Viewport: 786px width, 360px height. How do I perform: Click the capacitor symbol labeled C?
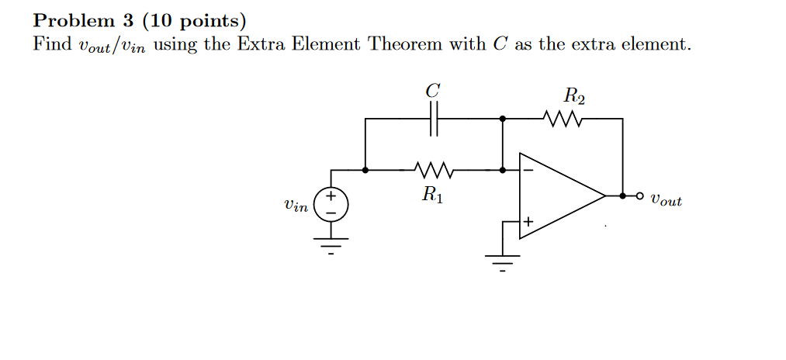point(435,119)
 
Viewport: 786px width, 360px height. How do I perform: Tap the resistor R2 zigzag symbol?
point(563,119)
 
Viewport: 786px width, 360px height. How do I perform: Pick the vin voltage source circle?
point(331,205)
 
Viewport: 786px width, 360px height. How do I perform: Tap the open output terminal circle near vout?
point(640,196)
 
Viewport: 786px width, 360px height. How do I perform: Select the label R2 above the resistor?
point(573,97)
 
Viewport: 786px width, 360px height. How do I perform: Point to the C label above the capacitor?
point(433,91)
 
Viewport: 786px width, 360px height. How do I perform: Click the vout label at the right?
point(667,200)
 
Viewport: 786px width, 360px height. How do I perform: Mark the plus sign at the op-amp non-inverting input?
point(528,223)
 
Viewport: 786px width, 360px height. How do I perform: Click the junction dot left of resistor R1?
point(365,169)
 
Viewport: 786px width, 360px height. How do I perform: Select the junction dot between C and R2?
point(503,119)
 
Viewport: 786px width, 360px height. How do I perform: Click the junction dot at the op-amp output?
point(622,196)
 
